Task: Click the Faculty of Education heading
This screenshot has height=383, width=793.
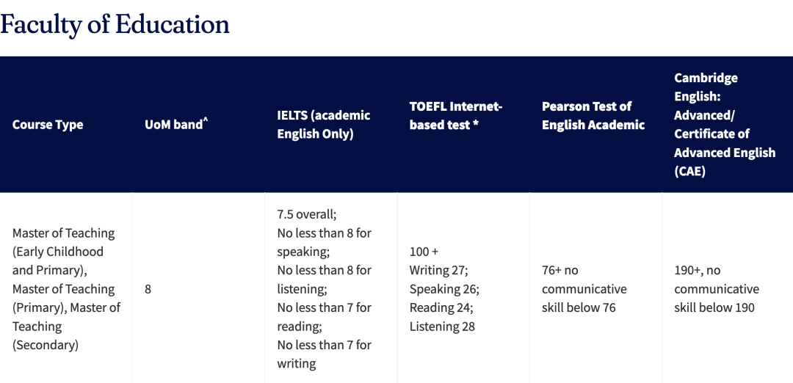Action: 115,24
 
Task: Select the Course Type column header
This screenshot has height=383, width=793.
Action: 48,124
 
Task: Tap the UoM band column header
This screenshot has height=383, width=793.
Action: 176,124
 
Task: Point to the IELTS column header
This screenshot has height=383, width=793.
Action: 324,124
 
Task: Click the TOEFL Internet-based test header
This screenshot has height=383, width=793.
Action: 456,115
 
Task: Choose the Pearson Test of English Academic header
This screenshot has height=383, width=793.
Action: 593,115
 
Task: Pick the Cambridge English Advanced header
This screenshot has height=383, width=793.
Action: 725,124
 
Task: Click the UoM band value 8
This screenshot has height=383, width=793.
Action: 148,289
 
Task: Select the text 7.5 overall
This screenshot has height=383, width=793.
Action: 306,214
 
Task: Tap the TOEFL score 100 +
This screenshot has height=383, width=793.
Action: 424,252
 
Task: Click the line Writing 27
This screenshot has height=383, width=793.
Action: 438,270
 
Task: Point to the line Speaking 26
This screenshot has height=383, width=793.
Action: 444,289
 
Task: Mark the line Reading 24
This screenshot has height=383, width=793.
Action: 441,307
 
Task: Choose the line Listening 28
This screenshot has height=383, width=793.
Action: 443,327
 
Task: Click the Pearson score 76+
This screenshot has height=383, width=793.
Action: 551,270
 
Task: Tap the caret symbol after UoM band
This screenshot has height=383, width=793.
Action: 206,120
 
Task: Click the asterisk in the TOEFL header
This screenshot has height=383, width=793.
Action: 475,123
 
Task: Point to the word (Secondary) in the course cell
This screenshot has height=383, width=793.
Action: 46,346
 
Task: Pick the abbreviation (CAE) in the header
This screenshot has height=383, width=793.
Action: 689,171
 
